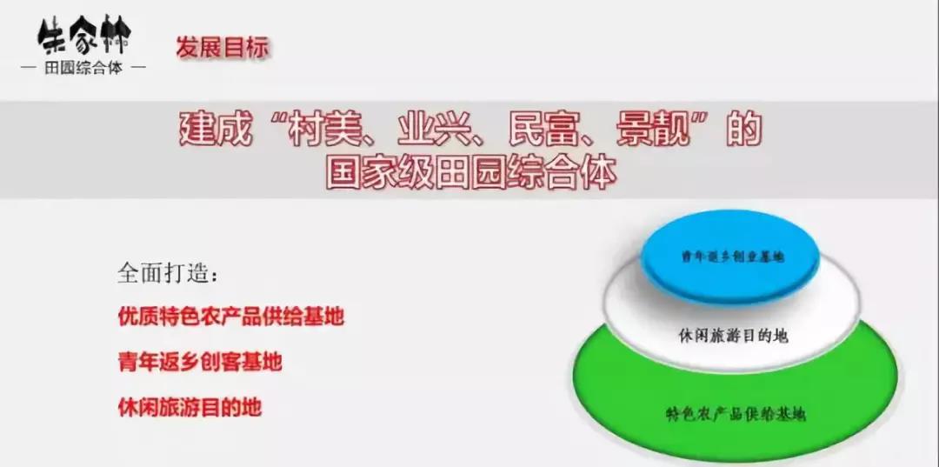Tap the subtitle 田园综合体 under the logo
83,67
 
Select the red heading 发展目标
223,47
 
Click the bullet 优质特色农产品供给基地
230,317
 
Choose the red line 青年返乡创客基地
200,362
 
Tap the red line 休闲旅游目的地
190,406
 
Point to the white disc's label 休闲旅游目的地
733,336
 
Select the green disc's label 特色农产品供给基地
735,413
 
